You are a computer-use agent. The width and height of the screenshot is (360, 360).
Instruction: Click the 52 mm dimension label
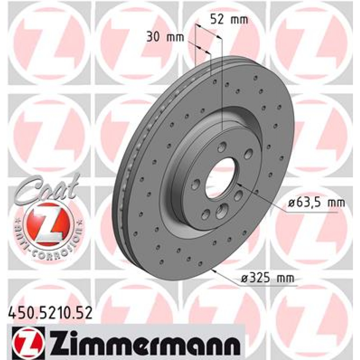(229, 20)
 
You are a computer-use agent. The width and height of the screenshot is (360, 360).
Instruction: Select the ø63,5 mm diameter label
(316, 203)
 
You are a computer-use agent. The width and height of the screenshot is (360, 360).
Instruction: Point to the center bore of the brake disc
(220, 178)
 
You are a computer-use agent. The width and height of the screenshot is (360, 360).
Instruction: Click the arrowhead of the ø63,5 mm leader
(239, 184)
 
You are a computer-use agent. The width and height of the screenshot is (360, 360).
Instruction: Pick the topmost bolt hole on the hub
(222, 147)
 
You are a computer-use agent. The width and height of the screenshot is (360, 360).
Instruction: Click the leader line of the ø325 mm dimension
(229, 278)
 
